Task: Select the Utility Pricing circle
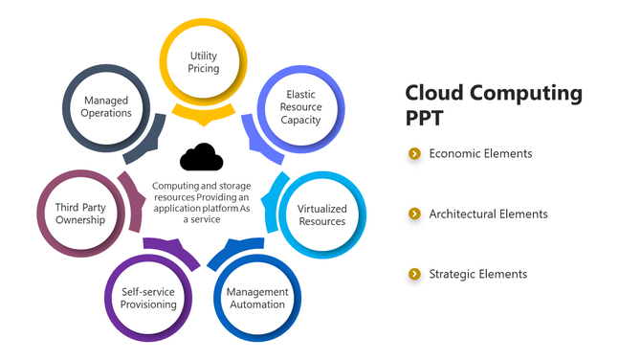(204, 63)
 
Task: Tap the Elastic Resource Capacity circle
(300, 107)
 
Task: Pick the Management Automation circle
(256, 298)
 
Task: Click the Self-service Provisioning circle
(149, 298)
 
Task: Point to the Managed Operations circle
(106, 106)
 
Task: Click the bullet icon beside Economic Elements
(414, 153)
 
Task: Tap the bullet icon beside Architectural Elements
(414, 214)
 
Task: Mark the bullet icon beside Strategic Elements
(414, 274)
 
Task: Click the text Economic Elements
(480, 153)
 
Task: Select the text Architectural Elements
(488, 214)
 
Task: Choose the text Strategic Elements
(477, 274)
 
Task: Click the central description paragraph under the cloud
(200, 202)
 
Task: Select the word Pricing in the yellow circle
(204, 69)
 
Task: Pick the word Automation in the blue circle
(256, 304)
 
